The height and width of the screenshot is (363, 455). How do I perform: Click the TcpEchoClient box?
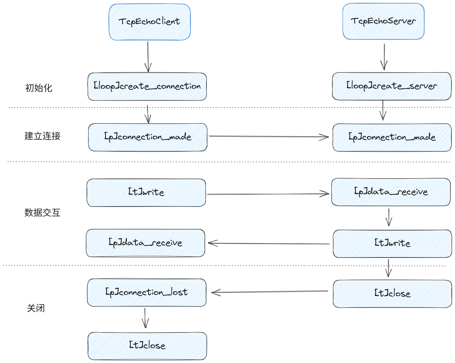(x=150, y=22)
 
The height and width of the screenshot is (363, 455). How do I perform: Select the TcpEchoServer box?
(x=383, y=21)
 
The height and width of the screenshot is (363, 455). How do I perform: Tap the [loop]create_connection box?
(x=147, y=86)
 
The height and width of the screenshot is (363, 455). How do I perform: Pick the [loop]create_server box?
(x=391, y=86)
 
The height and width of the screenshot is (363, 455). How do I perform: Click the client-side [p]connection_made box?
(x=148, y=137)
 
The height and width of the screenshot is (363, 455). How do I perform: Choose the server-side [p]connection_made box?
(x=392, y=137)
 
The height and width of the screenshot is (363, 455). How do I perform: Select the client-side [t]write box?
(x=146, y=193)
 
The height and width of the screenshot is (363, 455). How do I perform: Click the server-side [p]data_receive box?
(x=391, y=192)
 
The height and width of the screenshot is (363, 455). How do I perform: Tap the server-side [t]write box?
(x=392, y=244)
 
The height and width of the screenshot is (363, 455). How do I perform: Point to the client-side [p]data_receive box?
(x=145, y=243)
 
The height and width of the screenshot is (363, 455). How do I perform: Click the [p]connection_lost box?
(x=147, y=292)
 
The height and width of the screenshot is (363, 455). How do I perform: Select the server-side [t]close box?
(x=392, y=294)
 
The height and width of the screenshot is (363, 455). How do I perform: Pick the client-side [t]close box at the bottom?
(x=147, y=345)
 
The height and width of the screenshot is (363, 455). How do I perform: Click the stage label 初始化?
(x=39, y=88)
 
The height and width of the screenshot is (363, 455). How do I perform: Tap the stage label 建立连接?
(x=43, y=136)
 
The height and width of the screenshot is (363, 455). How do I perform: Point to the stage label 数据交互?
(x=43, y=213)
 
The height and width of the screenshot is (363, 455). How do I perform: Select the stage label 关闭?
(x=36, y=308)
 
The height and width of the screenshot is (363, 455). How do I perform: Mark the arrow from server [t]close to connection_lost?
(x=269, y=292)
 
